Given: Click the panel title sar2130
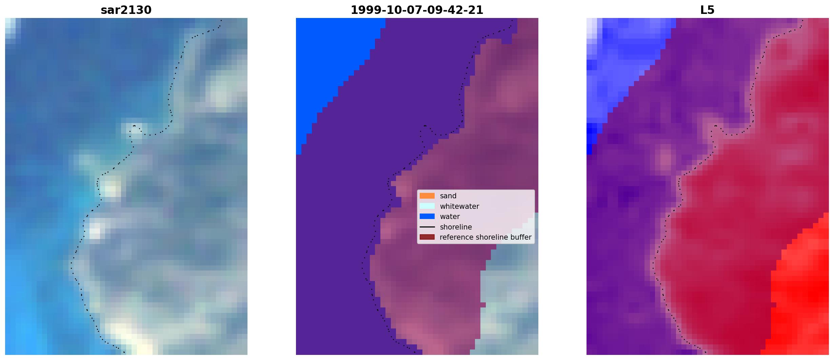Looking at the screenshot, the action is tap(126, 10).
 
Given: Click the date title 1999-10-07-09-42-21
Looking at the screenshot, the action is tap(417, 10).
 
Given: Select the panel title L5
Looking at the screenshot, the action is tap(708, 10).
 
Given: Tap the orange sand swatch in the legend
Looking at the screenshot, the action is tap(427, 196).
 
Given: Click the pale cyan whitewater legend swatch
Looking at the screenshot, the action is tap(427, 206).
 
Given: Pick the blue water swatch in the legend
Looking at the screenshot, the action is tap(427, 216).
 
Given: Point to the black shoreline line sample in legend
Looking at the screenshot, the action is tap(427, 227).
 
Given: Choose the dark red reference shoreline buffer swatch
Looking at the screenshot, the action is tap(427, 237).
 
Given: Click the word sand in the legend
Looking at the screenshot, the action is tap(448, 196).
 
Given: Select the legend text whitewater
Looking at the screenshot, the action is tap(459, 206).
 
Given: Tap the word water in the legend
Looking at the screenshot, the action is tap(450, 217).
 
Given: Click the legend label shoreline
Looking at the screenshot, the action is tap(456, 227).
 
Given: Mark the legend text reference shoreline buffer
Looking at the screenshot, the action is tap(485, 237).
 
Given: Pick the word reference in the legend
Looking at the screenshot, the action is tap(455, 237).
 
